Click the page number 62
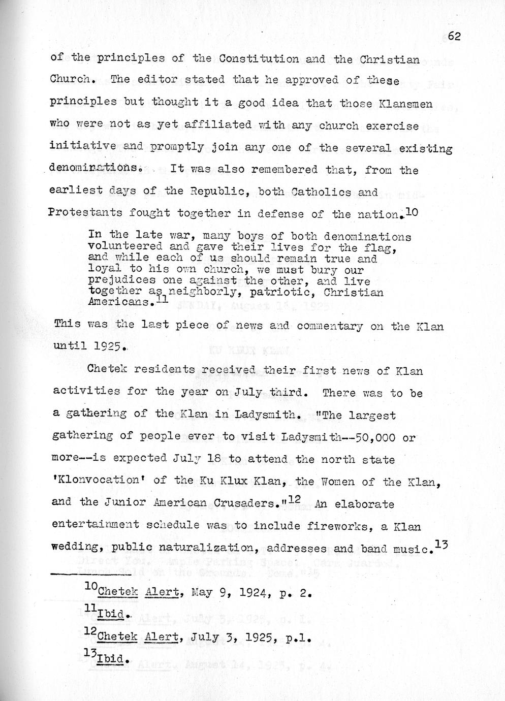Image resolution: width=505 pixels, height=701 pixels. [x=454, y=36]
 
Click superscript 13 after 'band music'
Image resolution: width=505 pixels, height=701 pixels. [x=441, y=545]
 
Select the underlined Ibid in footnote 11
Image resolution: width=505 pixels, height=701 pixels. [x=110, y=615]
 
